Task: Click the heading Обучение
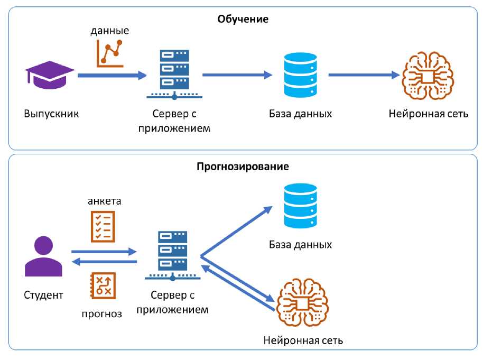pyautogui.click(x=243, y=20)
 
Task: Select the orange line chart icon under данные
pyautogui.click(x=110, y=53)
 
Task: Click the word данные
pyautogui.click(x=110, y=31)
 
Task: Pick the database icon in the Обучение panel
pyautogui.click(x=300, y=75)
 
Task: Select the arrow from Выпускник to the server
pyautogui.click(x=112, y=76)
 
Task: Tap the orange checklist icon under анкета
pyautogui.click(x=103, y=226)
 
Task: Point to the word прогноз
pyautogui.click(x=102, y=313)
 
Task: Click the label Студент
pyautogui.click(x=43, y=295)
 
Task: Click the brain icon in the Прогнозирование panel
pyautogui.click(x=303, y=305)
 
